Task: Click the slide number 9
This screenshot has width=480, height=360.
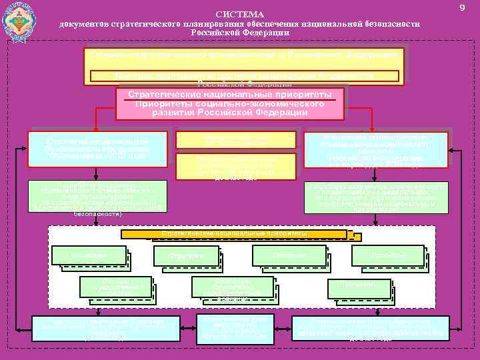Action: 461,7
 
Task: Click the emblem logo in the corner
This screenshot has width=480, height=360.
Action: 20,24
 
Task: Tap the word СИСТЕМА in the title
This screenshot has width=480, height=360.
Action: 240,15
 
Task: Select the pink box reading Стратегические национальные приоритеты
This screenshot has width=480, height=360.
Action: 230,103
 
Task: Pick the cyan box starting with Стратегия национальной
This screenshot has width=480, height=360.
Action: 97,149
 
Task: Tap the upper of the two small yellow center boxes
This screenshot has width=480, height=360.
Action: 235,139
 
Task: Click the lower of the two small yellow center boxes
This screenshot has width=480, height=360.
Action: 235,166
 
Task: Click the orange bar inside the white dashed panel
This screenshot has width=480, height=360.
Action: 235,234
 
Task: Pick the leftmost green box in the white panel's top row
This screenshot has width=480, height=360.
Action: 89,255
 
